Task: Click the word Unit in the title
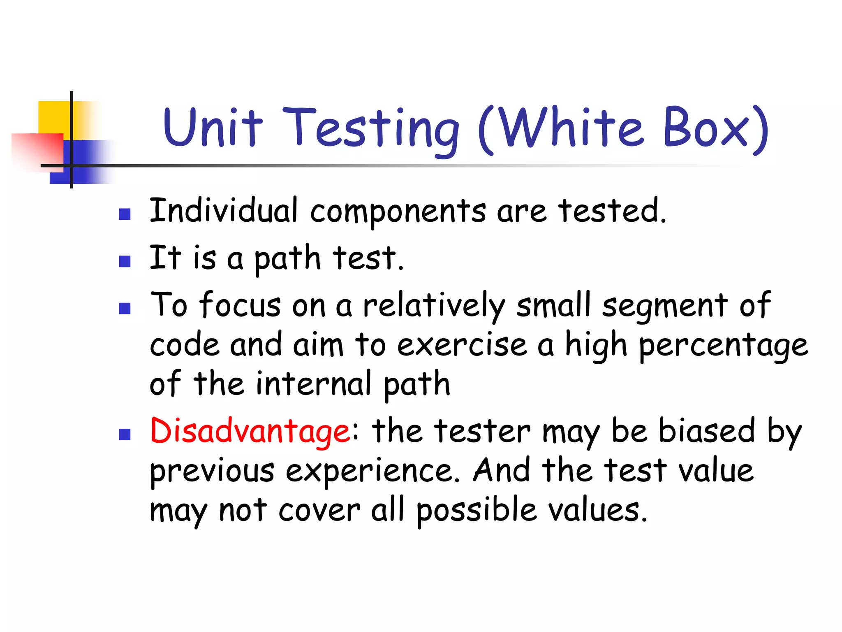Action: (213, 128)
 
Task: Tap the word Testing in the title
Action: (370, 130)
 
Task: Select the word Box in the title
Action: (706, 128)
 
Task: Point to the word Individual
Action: (223, 211)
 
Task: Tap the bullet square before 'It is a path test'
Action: (125, 262)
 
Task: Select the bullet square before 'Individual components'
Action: (125, 214)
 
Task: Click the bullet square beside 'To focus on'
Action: (125, 309)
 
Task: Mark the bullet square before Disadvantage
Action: (125, 434)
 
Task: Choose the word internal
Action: (314, 384)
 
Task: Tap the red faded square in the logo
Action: (37, 150)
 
